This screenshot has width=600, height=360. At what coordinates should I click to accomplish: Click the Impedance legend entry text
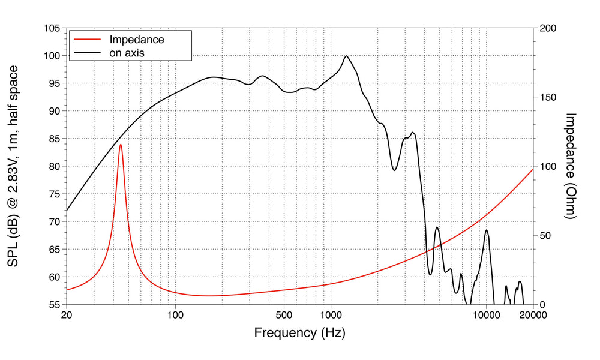point(136,40)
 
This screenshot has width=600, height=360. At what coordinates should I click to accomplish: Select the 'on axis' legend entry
point(127,53)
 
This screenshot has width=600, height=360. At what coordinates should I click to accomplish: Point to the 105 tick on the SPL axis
point(52,28)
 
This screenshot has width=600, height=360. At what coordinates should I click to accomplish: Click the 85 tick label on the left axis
point(54,139)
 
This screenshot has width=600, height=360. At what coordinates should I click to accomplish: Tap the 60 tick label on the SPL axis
point(54,277)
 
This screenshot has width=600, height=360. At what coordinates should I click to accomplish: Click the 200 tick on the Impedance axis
point(548,28)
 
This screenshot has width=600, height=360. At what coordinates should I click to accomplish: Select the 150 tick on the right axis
point(548,97)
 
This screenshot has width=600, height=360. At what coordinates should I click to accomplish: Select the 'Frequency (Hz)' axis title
point(299,332)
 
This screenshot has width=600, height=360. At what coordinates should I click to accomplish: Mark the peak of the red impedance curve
point(121,144)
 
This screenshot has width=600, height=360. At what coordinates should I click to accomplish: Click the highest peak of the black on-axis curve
point(346,56)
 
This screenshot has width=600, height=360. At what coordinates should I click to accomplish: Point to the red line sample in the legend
point(86,40)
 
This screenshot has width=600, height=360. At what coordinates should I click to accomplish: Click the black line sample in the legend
point(86,53)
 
